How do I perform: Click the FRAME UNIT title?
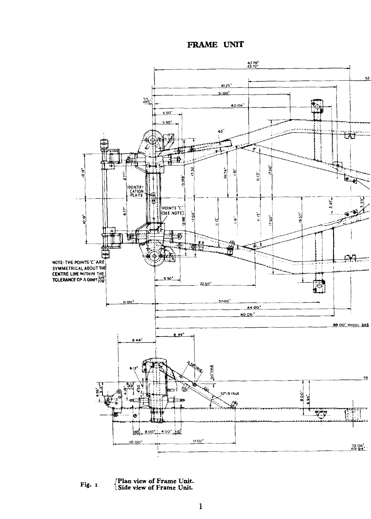215,45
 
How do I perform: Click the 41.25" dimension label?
226,85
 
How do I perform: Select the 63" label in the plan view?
221,131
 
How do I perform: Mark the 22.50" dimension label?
205,283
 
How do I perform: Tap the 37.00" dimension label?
224,301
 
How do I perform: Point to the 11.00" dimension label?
128,302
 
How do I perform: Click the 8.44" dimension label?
137,340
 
